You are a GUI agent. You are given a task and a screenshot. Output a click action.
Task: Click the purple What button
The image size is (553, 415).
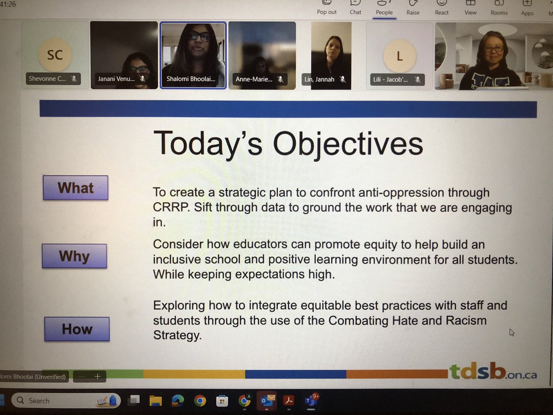(x=76, y=188)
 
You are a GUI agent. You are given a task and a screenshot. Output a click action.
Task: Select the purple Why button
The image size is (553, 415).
(x=74, y=256)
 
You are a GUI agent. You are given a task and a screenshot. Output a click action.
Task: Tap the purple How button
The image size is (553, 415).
(x=77, y=329)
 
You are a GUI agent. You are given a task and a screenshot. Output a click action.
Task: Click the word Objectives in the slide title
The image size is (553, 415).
(x=348, y=143)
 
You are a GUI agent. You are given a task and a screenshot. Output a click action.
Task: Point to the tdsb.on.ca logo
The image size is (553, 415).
(x=492, y=372)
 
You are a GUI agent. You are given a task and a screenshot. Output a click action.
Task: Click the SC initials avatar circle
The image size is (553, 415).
(x=55, y=55)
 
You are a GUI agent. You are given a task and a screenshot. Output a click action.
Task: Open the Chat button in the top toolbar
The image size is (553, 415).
(x=355, y=8)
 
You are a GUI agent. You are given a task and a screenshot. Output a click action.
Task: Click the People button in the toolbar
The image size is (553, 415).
(x=384, y=8)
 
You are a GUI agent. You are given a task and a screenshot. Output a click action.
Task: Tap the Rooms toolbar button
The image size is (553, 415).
(x=499, y=8)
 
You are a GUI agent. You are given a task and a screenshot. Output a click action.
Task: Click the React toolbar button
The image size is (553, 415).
(x=441, y=8)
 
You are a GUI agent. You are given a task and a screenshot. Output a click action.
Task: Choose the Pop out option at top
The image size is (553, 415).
(x=327, y=8)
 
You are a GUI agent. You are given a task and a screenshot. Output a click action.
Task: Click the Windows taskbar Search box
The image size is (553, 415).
(x=65, y=400)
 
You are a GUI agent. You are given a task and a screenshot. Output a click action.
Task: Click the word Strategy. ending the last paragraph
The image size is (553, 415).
(x=177, y=335)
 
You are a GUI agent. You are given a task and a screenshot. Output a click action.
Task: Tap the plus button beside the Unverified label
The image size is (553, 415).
(x=98, y=376)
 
